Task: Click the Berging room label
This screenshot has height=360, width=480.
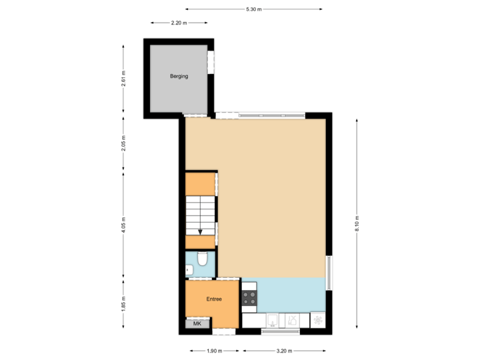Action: point(179,76)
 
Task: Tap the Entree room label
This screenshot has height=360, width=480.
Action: point(213,299)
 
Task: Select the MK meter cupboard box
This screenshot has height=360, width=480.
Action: point(197,323)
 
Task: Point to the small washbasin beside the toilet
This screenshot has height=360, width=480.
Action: point(189,270)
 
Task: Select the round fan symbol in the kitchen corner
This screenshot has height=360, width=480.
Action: point(319,321)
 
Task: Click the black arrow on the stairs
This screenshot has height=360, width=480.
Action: point(200,231)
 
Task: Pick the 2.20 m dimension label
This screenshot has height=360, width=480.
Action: point(179,22)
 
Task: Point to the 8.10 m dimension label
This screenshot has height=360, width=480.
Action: point(357,222)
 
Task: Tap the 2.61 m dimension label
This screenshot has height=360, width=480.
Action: point(123,79)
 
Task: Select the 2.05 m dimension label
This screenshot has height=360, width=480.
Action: point(123,143)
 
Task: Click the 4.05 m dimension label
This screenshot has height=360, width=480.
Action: point(123,223)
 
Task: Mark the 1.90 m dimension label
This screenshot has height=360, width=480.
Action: point(214,351)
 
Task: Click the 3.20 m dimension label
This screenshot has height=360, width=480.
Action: point(283,351)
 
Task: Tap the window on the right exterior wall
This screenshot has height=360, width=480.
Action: point(328,273)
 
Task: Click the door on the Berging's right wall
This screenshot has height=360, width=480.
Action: point(211,62)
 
